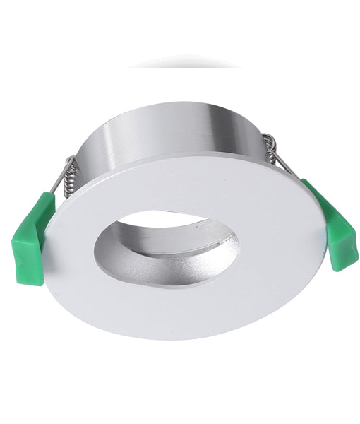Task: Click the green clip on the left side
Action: click(32, 237)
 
